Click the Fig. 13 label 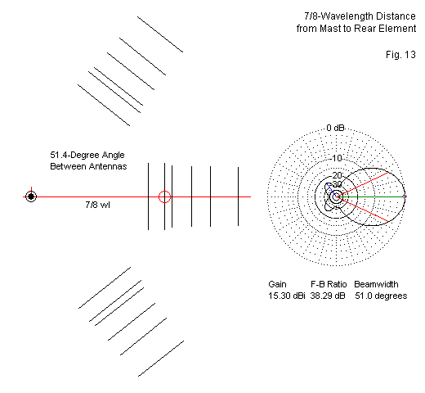click(400, 55)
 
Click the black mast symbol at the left click(31, 196)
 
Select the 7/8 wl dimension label click(97, 205)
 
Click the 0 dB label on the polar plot click(335, 128)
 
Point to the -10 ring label click(337, 158)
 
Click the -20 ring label click(337, 175)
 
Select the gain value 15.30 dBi click(287, 296)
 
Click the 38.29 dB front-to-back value click(328, 296)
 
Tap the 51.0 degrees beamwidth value click(381, 296)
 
